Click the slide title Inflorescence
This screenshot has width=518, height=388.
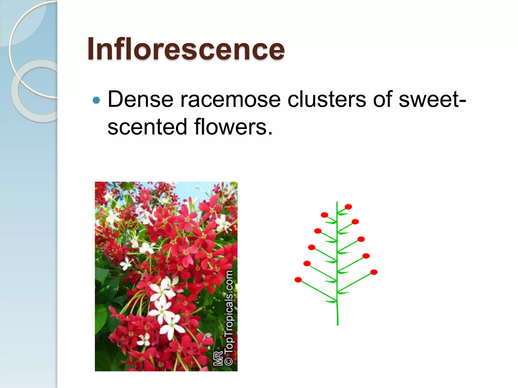pyautogui.click(x=186, y=48)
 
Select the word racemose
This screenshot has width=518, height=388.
pyautogui.click(x=230, y=99)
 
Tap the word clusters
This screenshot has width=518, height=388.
pyautogui.click(x=327, y=99)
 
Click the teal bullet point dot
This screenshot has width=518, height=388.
pyautogui.click(x=96, y=100)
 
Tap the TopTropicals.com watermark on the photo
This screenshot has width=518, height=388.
pyautogui.click(x=229, y=311)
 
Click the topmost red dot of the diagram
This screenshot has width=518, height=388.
pyautogui.click(x=348, y=207)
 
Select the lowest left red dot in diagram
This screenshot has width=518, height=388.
pyautogui.click(x=298, y=280)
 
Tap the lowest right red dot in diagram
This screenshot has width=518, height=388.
pyautogui.click(x=374, y=272)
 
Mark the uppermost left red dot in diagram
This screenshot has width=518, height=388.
pyautogui.click(x=324, y=215)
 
